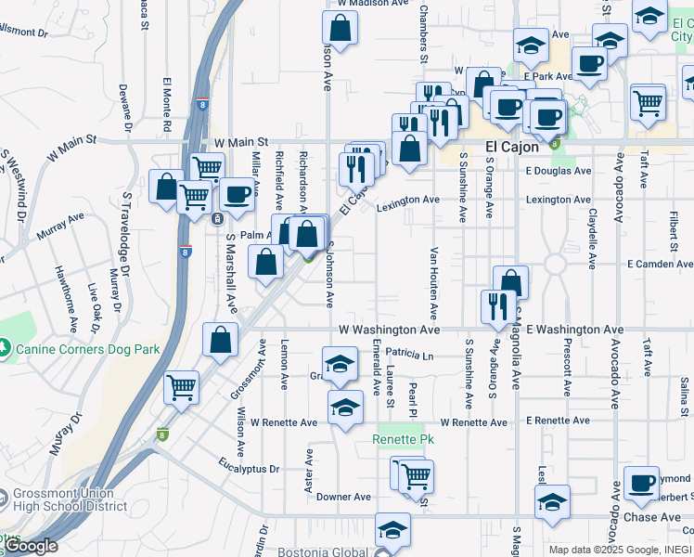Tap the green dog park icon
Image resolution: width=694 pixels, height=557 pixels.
(7, 349)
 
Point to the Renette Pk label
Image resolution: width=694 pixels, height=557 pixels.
(404, 438)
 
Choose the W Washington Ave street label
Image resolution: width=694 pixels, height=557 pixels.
(389, 330)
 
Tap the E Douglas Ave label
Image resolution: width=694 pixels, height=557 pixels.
(558, 171)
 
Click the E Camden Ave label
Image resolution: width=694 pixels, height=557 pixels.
(662, 264)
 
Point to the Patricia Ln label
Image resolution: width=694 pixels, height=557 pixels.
(410, 354)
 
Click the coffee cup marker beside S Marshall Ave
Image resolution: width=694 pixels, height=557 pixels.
(238, 195)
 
